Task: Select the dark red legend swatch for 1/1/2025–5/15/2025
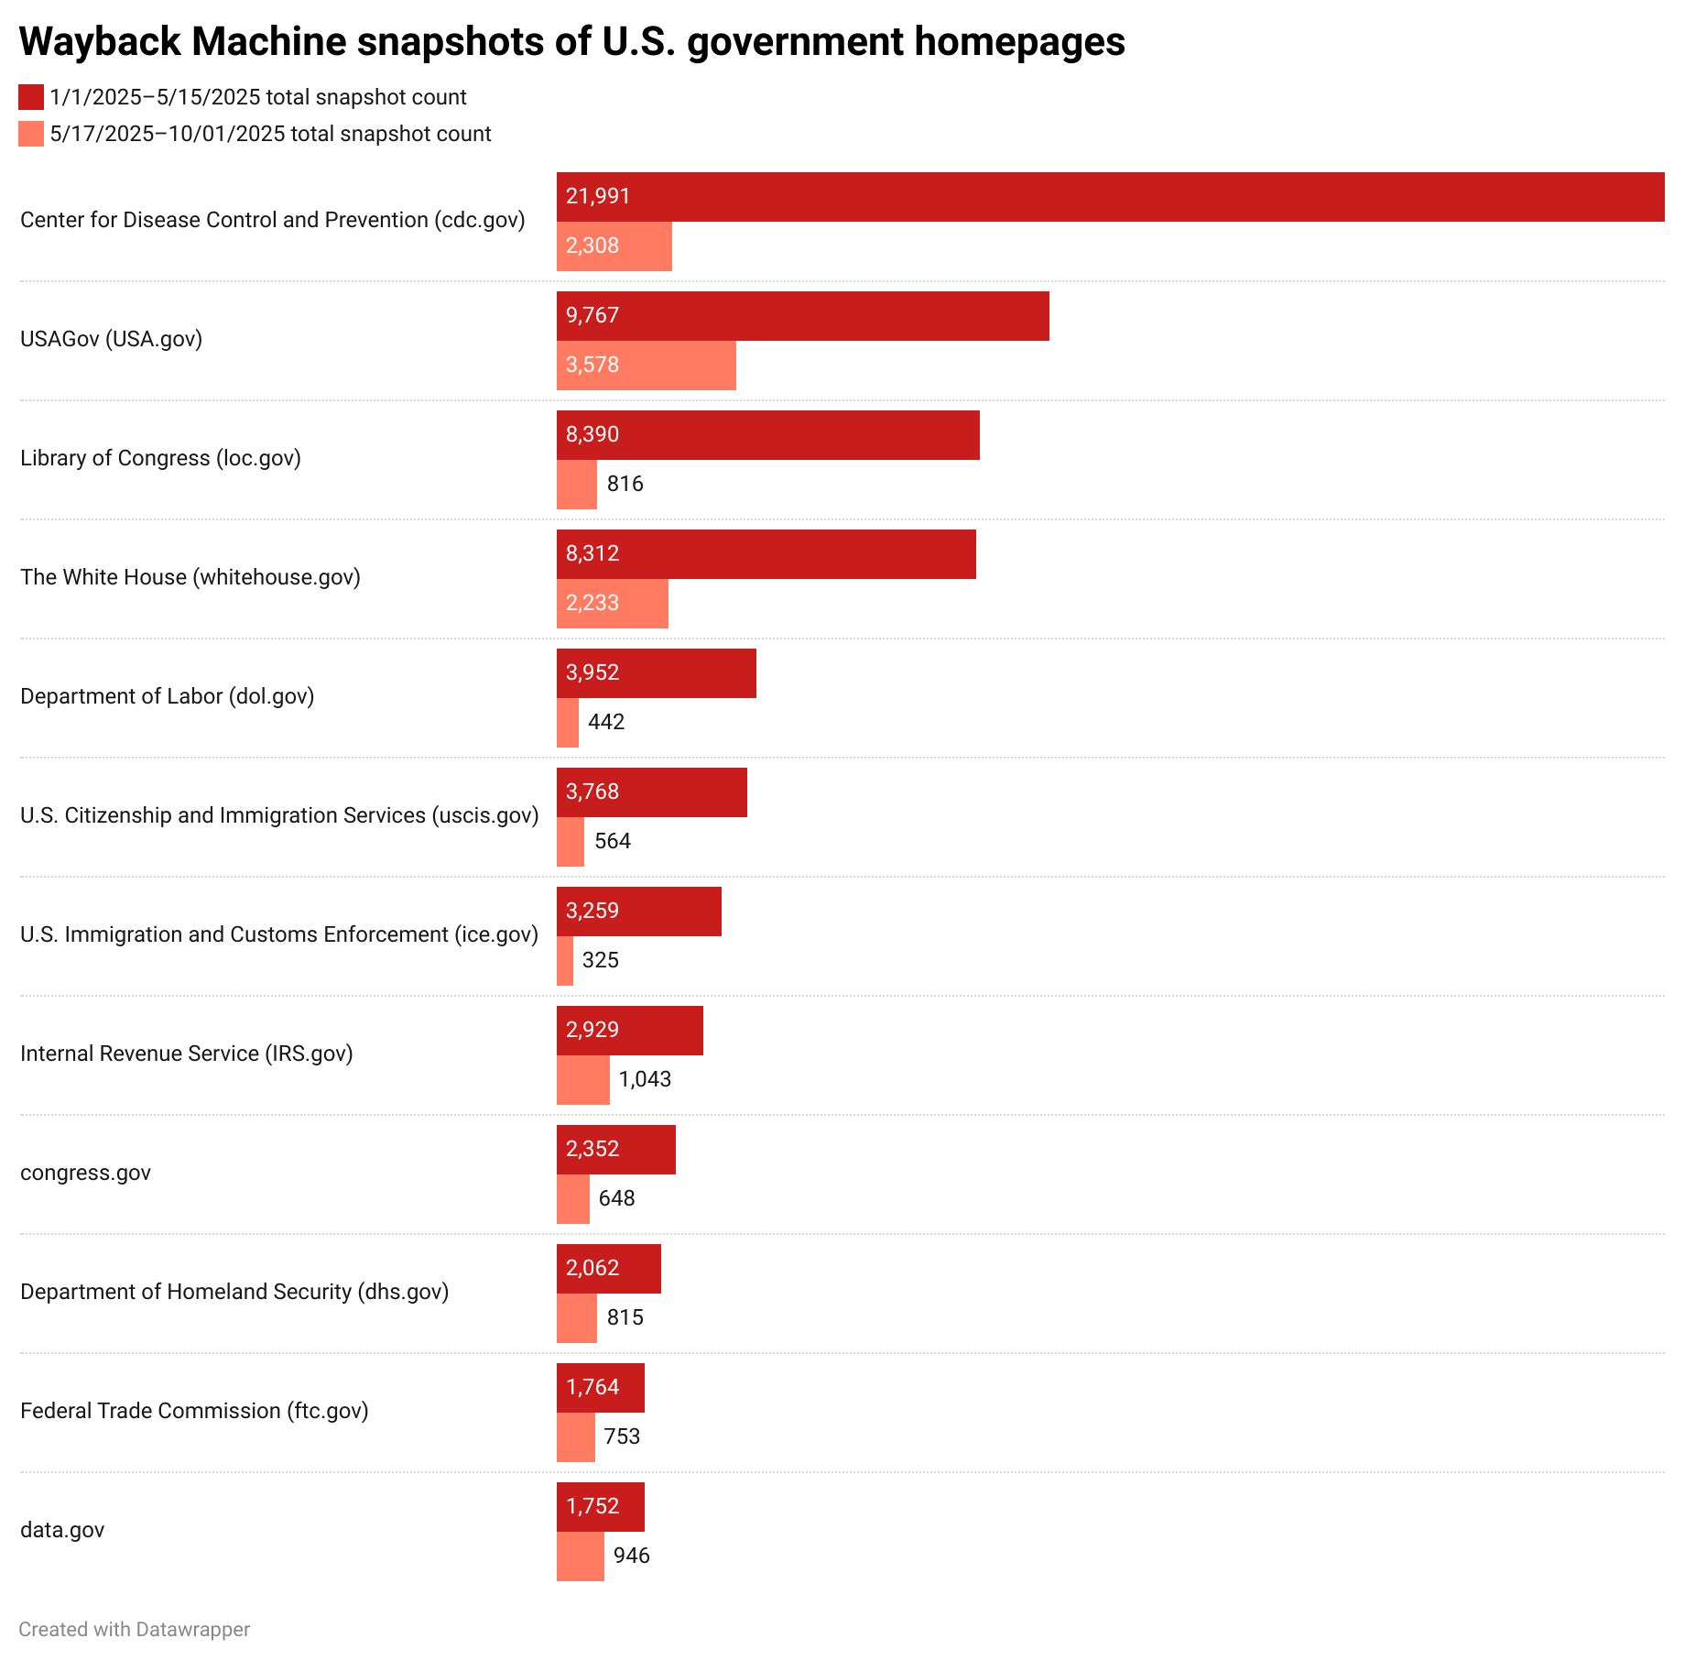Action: [x=31, y=97]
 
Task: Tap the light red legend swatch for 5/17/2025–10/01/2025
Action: [x=31, y=134]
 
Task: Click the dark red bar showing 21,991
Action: [x=1110, y=197]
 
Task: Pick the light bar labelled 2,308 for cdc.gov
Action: [x=614, y=246]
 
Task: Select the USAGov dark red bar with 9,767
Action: [x=802, y=316]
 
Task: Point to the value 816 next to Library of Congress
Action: [x=625, y=484]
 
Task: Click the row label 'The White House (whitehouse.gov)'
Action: [x=190, y=577]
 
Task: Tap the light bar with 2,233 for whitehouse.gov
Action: [x=612, y=604]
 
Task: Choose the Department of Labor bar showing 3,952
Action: [x=656, y=673]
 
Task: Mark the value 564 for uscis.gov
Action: [x=613, y=841]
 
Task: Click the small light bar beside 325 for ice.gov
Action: [x=565, y=961]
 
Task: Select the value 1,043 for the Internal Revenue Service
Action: [x=645, y=1079]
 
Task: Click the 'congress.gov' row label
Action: [x=85, y=1173]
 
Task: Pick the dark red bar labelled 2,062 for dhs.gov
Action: [x=608, y=1269]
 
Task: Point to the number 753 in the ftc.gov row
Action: [x=622, y=1436]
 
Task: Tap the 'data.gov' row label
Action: [x=62, y=1530]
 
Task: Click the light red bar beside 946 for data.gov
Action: [x=580, y=1556]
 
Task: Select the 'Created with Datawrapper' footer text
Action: [x=134, y=1630]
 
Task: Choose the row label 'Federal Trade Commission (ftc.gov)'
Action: [x=194, y=1411]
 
